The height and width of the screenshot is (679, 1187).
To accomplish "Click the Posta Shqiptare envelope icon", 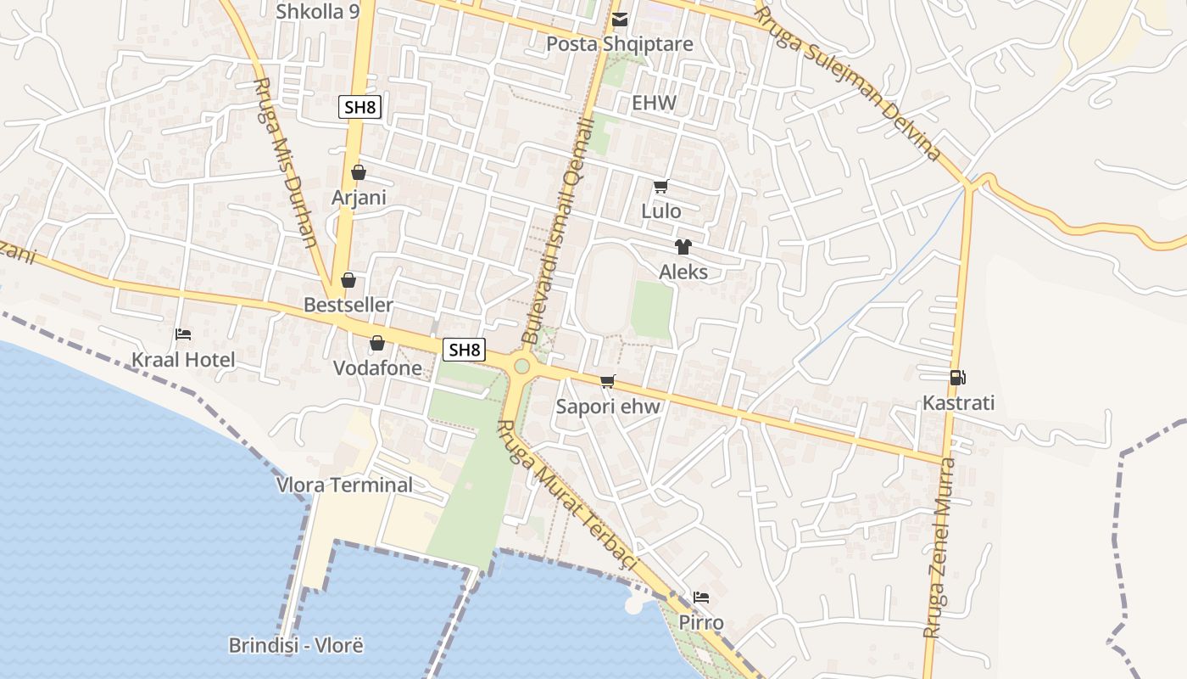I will pos(621,19).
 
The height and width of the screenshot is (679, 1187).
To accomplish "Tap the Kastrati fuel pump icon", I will pos(957,378).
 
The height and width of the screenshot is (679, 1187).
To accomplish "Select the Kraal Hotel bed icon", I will pos(182,334).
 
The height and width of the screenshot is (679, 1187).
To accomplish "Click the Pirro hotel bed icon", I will pos(700,598).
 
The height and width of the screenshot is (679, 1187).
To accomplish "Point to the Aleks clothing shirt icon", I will pos(683,247).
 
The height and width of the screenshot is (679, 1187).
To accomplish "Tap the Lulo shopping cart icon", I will pos(660,186).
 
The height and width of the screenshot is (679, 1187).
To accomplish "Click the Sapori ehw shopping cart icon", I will pos(607,382).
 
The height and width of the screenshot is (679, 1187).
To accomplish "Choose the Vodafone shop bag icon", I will pos(376,343).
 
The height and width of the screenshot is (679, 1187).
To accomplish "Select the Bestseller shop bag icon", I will pos(348,280).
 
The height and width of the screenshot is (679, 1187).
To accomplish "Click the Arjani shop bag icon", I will pos(359,172).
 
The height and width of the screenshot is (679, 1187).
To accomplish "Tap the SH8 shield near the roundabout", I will pos(464,349).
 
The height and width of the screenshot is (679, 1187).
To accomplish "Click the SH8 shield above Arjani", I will pos(359,107).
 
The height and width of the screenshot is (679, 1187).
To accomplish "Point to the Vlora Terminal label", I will pos(345,485).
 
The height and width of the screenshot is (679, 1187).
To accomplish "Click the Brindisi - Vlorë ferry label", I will pos(296,645).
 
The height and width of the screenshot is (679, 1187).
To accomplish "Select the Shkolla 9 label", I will pos(318,11).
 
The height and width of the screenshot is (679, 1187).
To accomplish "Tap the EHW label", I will pos(655,104).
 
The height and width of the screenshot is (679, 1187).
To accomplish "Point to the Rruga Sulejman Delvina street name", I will pos(848,82).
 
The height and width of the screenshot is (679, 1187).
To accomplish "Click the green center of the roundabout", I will pos(521,366).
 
